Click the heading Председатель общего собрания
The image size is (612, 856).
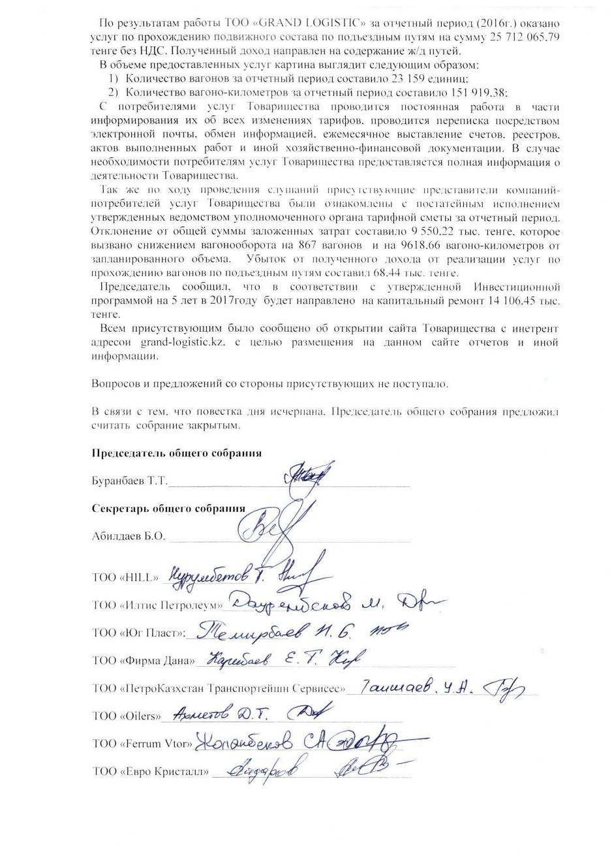(176, 453)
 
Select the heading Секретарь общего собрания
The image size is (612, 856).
(168, 508)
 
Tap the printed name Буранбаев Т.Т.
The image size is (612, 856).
(129, 481)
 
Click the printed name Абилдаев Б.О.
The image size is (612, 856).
(129, 537)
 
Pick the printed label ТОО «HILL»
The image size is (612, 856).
(125, 577)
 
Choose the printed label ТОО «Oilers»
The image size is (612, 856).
(127, 716)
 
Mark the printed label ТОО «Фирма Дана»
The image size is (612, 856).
(143, 661)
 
